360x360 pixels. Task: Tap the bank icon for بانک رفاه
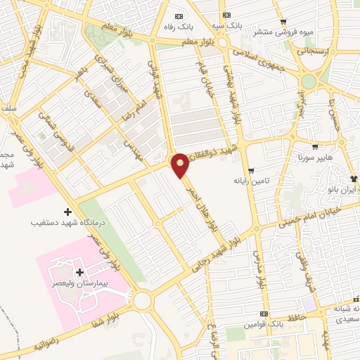(x=179, y=16)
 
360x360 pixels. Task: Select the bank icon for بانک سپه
(x=226, y=15)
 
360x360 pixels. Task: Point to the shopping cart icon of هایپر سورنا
(x=314, y=148)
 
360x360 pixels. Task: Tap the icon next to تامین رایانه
(x=251, y=171)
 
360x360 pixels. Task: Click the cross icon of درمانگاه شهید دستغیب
(x=67, y=212)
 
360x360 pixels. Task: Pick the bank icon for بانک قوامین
(x=264, y=314)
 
